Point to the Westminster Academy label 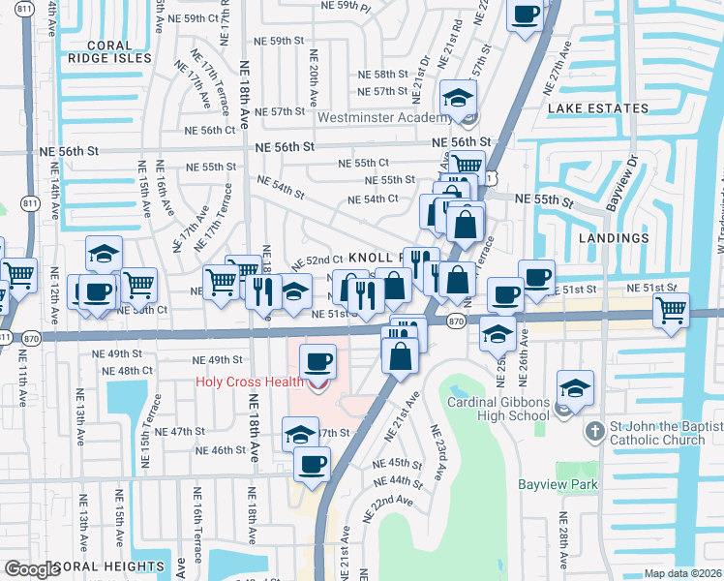pyautogui.click(x=382, y=118)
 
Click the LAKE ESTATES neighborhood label pyautogui.click(x=597, y=107)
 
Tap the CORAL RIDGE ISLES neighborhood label pyautogui.click(x=119, y=51)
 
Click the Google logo pyautogui.click(x=32, y=569)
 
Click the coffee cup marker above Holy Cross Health pyautogui.click(x=317, y=363)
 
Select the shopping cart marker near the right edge pyautogui.click(x=670, y=311)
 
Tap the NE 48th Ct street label pyautogui.click(x=135, y=371)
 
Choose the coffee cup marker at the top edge pyautogui.click(x=524, y=15)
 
